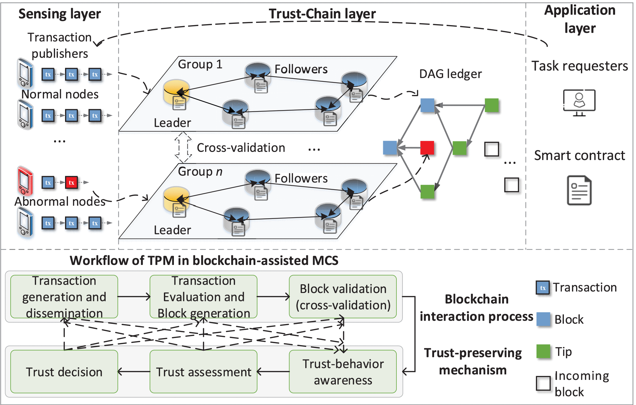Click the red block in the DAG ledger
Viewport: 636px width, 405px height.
pos(427,148)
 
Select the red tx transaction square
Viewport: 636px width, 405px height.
pos(71,183)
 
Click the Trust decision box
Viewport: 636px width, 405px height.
pos(64,372)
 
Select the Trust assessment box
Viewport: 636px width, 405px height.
pos(203,372)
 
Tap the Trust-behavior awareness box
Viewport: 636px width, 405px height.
pos(343,372)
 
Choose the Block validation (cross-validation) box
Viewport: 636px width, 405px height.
pos(343,297)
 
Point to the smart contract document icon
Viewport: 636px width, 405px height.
pos(579,190)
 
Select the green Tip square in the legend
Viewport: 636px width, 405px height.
pos(543,351)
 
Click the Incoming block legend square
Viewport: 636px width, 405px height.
pos(543,383)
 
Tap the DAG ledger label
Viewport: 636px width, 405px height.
pos(450,74)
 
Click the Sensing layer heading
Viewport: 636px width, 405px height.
pos(60,14)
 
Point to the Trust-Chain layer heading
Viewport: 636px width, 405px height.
pos(322,14)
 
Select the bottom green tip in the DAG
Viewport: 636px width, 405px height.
pos(427,191)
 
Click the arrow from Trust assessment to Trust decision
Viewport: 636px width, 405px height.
pos(134,372)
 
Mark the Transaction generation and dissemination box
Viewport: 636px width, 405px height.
pos(64,297)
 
